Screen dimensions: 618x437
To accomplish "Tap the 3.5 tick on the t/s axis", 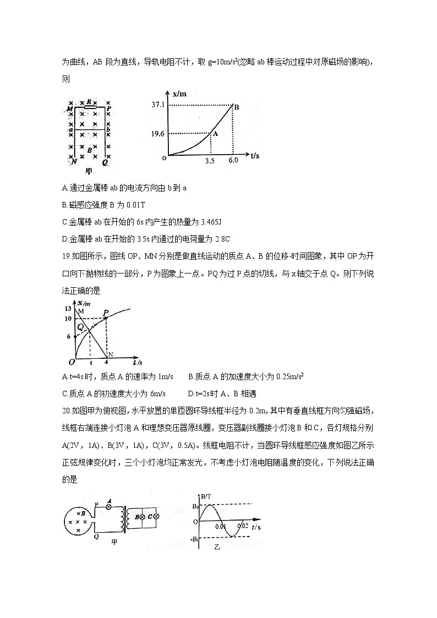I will tap(209, 161).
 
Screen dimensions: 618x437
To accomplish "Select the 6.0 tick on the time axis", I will tap(233, 161).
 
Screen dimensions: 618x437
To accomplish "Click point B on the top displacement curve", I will tap(236, 107).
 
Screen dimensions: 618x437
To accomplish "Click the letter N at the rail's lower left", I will tap(72, 161).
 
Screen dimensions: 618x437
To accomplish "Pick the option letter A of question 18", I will tap(65, 188).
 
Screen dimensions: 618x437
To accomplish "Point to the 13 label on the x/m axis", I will tap(68, 308).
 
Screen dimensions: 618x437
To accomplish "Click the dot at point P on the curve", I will tap(105, 318).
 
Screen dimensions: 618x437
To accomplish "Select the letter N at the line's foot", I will tap(110, 354).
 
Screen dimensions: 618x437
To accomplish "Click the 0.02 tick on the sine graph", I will tap(243, 527).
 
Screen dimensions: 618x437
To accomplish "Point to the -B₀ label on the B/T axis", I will tap(195, 539).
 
